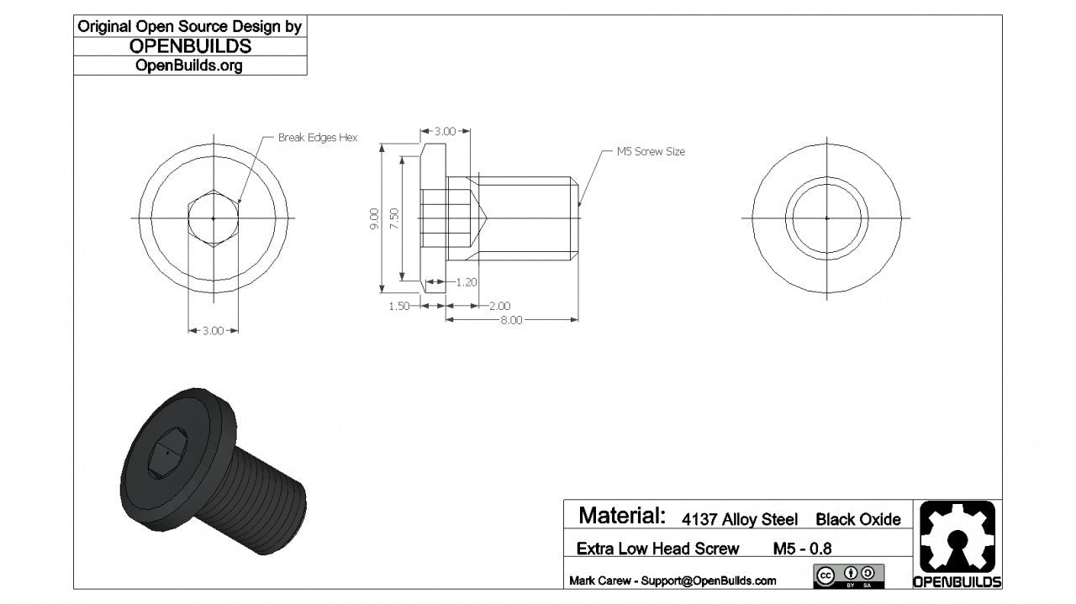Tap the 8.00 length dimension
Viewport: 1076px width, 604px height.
click(511, 320)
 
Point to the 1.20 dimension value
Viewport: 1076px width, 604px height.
click(466, 282)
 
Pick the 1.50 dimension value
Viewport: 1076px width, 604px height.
click(399, 306)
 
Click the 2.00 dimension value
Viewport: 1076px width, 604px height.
click(499, 306)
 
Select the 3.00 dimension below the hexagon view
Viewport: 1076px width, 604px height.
click(214, 331)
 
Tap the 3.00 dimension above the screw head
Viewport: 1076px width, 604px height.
click(445, 131)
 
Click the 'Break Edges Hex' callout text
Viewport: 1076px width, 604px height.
click(318, 138)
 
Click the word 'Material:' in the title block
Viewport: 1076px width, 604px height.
click(622, 515)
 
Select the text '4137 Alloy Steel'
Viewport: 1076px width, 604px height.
click(740, 519)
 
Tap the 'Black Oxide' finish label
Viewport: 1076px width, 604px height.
click(857, 519)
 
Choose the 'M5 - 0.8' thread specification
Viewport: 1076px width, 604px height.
click(802, 549)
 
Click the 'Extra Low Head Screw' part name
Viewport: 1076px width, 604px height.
click(657, 549)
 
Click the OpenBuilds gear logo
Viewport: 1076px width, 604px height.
click(957, 537)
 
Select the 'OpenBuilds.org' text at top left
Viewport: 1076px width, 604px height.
click(189, 66)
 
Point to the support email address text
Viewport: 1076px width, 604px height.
click(672, 580)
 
